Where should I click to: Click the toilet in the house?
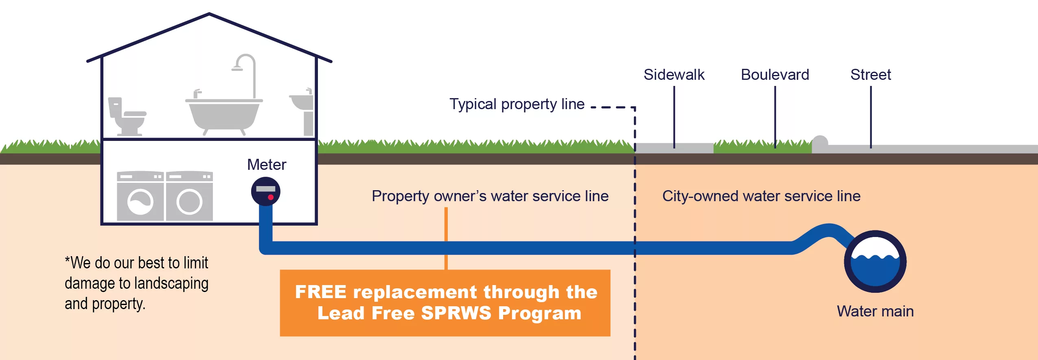pos(127,117)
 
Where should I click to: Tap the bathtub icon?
pos(223,114)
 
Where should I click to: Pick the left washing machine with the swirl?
pos(140,196)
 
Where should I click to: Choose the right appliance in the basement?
pos(189,196)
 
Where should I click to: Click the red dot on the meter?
pos(271,197)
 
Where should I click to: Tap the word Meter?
pos(267,165)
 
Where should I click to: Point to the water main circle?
pos(875,261)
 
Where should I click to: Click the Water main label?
pos(875,311)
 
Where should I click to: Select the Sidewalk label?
pos(674,75)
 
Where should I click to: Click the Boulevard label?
pos(775,75)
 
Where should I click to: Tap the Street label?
pos(870,75)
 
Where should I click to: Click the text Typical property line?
pos(517,104)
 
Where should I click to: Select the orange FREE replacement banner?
pos(445,303)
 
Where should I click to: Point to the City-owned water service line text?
pos(761,196)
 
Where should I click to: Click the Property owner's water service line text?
pos(490,196)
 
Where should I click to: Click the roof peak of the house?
pos(209,15)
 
